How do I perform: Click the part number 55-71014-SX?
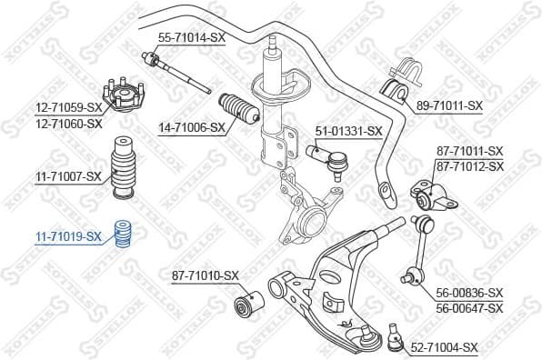click(x=191, y=37)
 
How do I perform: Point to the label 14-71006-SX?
click(x=191, y=128)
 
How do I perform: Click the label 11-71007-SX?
click(x=68, y=175)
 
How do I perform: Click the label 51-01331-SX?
click(x=348, y=131)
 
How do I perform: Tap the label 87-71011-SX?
click(x=469, y=150)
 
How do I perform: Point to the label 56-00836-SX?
click(x=469, y=293)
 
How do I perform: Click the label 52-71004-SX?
click(x=444, y=346)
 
